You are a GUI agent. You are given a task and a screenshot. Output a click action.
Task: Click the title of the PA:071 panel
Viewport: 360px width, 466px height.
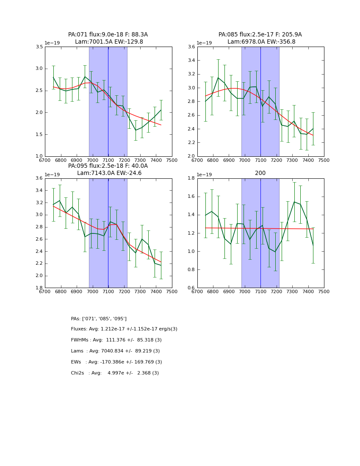point(108,38)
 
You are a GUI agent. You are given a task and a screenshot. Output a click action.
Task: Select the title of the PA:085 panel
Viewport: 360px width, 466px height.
point(260,38)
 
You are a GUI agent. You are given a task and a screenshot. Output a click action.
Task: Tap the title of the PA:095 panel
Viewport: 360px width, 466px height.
point(108,169)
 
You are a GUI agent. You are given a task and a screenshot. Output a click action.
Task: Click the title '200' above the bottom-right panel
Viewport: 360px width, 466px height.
point(260,173)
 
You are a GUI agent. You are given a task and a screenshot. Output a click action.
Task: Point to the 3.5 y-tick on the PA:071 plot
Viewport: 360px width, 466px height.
point(39,47)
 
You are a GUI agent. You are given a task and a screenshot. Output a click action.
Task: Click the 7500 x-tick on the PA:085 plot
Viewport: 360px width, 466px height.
point(324,161)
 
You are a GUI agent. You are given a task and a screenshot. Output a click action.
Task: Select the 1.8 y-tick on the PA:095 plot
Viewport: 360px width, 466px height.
point(39,288)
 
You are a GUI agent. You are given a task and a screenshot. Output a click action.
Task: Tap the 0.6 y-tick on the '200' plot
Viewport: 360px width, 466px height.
point(191,288)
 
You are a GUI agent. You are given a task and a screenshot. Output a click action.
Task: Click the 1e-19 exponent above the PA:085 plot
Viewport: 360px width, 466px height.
point(205,43)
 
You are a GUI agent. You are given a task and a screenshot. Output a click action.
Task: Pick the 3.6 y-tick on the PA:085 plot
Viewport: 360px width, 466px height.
point(191,47)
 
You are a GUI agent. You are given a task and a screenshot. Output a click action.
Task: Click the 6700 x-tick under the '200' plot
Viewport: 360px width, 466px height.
point(197,292)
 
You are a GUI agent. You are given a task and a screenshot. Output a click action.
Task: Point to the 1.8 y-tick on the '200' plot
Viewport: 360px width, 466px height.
point(191,178)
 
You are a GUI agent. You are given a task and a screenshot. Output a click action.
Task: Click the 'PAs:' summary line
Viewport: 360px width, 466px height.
point(99,319)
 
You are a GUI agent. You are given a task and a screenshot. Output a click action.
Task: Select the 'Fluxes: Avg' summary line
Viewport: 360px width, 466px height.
point(124,329)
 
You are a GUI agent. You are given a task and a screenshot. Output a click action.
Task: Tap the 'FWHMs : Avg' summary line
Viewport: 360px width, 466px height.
point(116,340)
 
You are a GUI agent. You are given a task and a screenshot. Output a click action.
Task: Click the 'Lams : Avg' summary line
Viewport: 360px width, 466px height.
point(115,351)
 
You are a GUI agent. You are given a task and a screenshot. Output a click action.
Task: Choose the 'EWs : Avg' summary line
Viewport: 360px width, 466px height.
point(116,362)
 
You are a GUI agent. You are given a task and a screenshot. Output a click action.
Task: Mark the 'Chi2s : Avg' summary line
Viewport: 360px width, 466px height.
point(115,373)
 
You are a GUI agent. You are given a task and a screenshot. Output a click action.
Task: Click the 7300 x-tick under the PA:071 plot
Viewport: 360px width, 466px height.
point(140,161)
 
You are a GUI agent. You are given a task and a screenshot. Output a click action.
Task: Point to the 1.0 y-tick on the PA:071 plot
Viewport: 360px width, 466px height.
point(39,156)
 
